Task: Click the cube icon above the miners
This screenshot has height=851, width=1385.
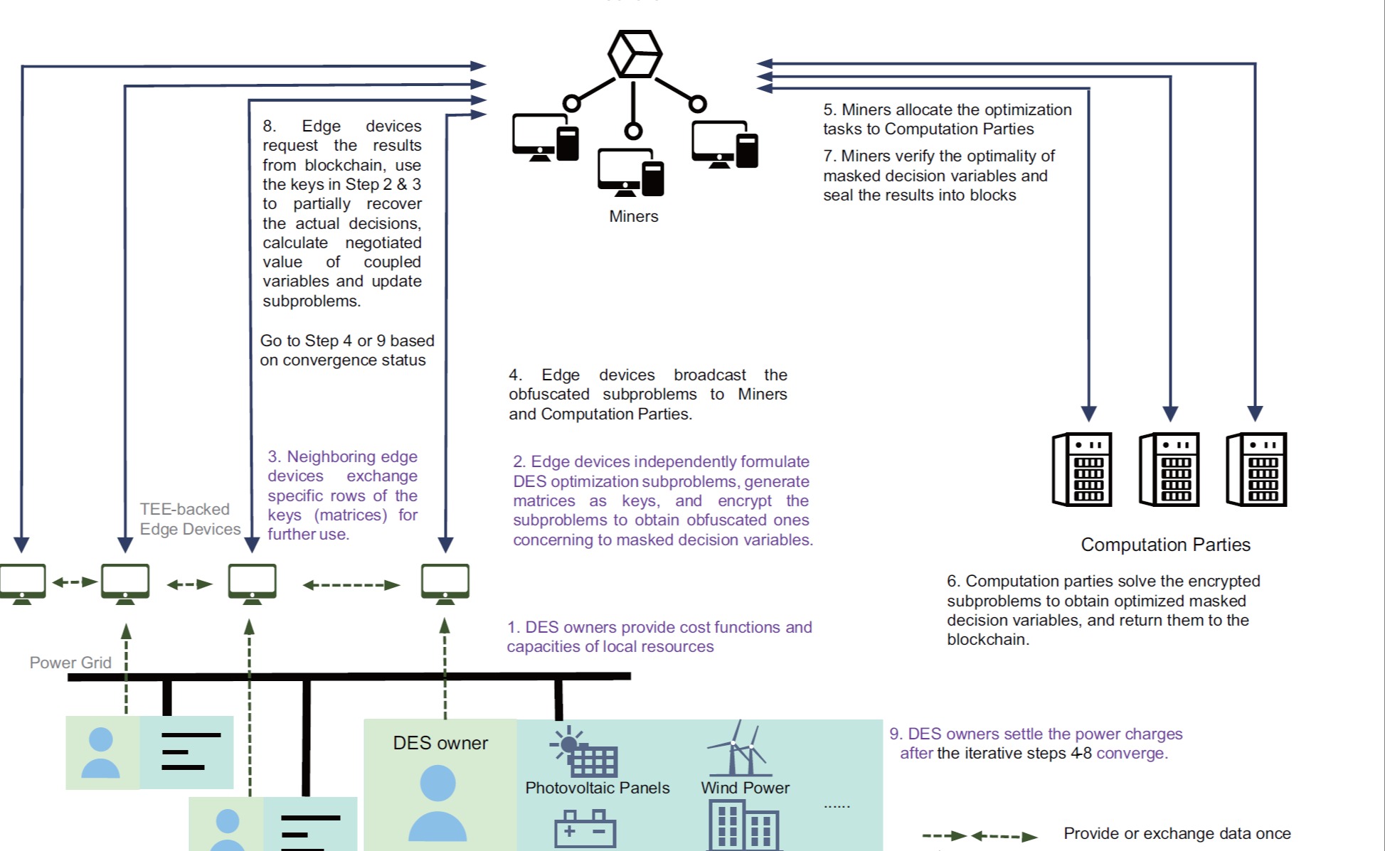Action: (x=635, y=54)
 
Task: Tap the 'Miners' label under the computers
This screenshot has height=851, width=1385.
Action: (x=633, y=216)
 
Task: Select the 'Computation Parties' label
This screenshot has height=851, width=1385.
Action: (x=1165, y=545)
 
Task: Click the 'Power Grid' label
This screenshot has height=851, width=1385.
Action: (x=70, y=663)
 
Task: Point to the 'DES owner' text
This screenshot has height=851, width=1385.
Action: (x=440, y=743)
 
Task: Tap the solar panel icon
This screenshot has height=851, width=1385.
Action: (x=583, y=752)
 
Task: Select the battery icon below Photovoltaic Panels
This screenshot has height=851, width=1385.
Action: (x=585, y=829)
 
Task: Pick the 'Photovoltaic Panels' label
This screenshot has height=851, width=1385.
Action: (x=597, y=788)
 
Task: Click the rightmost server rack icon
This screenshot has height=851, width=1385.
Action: (x=1256, y=469)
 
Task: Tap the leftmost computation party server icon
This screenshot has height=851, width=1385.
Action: (x=1081, y=469)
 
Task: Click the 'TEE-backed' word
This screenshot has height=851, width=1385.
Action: (x=184, y=509)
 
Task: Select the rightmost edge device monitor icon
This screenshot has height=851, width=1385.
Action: (x=445, y=583)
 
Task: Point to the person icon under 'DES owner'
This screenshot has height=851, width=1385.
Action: (x=437, y=803)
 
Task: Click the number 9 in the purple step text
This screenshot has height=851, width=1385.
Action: (x=894, y=734)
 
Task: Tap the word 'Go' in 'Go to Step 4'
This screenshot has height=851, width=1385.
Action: (x=271, y=341)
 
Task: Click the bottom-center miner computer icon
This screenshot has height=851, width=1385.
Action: (x=630, y=173)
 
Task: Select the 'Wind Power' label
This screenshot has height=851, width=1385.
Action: (x=745, y=788)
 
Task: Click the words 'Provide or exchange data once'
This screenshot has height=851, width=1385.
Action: (x=1177, y=833)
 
